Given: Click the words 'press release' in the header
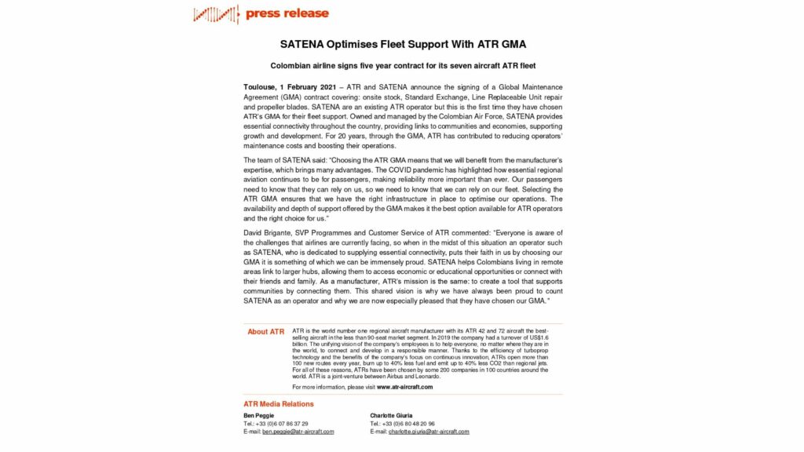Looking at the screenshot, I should tap(287, 13).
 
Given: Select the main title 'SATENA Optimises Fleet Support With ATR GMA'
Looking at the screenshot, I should tap(403, 44).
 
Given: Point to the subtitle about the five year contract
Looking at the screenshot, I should tap(403, 66).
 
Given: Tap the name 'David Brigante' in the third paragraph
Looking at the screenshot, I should tap(268, 232).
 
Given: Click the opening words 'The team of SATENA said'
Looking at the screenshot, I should tap(286, 159).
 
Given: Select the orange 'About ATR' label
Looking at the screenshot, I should tap(265, 332).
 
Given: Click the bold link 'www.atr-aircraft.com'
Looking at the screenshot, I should tap(404, 387).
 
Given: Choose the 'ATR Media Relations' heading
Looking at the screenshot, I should tap(278, 404).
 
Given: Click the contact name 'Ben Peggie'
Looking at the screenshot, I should tap(258, 414).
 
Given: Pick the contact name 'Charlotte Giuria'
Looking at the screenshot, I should tap(392, 414).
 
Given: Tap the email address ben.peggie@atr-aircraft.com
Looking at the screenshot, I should tap(298, 432).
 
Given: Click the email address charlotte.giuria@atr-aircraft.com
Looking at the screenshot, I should tap(430, 432).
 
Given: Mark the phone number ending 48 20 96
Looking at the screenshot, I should tap(412, 423).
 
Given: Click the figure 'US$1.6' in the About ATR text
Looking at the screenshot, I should tap(549, 337).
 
